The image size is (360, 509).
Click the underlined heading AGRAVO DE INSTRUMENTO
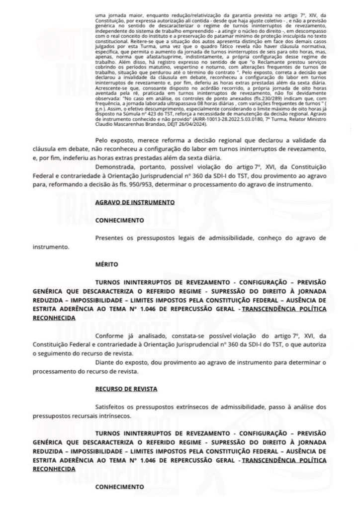(134, 202)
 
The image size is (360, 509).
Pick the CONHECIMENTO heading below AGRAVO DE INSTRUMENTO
(119, 220)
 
